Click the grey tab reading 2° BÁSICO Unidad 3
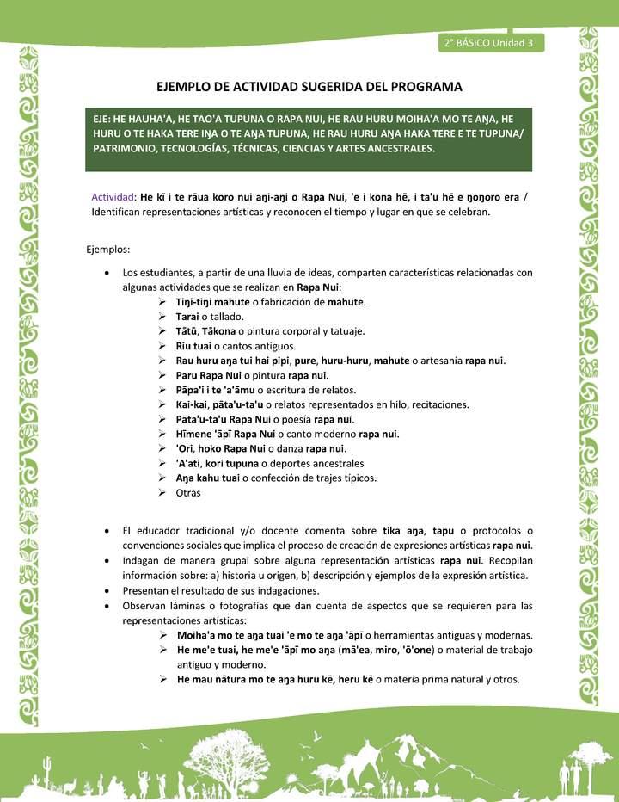490,43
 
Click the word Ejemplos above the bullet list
107,250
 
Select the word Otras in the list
187,493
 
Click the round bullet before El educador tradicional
105,530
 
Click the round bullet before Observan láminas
105,605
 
